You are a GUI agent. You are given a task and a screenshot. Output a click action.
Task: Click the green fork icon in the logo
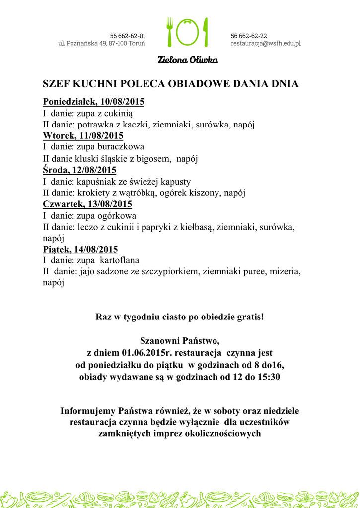(x=170, y=32)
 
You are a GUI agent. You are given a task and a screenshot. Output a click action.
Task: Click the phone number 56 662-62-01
(x=128, y=36)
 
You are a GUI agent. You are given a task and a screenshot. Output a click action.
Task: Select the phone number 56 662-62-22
(x=249, y=36)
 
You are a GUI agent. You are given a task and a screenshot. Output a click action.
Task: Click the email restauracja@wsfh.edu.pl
(x=266, y=44)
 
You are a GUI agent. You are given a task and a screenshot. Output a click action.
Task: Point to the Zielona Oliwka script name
(x=188, y=60)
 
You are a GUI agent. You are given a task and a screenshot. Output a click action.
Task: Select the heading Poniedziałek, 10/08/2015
(x=94, y=102)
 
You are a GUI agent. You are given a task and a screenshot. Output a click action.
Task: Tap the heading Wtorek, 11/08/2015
(x=83, y=135)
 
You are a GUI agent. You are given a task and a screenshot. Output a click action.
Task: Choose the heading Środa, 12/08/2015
(x=79, y=170)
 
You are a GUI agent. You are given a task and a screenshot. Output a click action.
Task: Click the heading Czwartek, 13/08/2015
(x=87, y=204)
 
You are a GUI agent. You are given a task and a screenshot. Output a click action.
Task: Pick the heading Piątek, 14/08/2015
(x=80, y=249)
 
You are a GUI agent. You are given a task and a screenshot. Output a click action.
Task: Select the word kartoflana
(x=119, y=260)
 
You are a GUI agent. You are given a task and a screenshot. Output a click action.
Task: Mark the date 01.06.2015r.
(x=151, y=353)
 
